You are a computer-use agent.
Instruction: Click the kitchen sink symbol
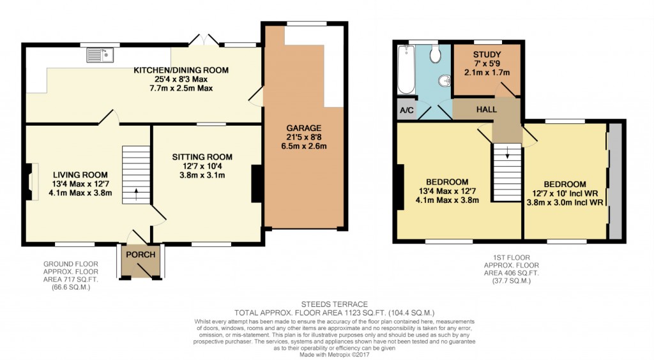pyautogui.click(x=101, y=55)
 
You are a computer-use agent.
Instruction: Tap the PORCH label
pyautogui.click(x=141, y=255)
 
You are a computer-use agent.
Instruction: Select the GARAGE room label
pyautogui.click(x=304, y=128)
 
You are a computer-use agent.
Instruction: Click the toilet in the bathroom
pyautogui.click(x=436, y=55)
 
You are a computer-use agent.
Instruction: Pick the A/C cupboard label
pyautogui.click(x=405, y=109)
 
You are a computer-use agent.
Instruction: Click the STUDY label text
pyautogui.click(x=487, y=54)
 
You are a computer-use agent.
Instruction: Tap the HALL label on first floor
pyautogui.click(x=486, y=110)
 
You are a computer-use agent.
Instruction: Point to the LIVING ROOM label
pyautogui.click(x=80, y=174)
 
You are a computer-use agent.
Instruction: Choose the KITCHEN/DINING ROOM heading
pyautogui.click(x=181, y=70)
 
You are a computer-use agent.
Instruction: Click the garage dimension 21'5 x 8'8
pyautogui.click(x=304, y=137)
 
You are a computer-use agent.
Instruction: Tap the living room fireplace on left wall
pyautogui.click(x=30, y=177)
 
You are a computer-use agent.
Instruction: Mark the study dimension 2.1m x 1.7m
pyautogui.click(x=487, y=72)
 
